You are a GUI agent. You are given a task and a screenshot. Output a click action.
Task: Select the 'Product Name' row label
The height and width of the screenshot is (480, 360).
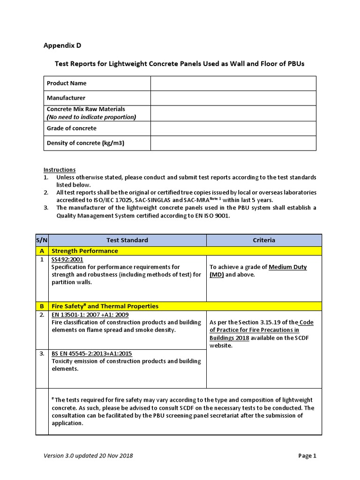(67, 83)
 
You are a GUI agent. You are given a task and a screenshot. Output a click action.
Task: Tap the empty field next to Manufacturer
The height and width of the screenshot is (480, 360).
(233, 98)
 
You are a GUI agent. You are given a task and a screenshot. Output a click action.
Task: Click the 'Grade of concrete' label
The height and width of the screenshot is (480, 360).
(72, 128)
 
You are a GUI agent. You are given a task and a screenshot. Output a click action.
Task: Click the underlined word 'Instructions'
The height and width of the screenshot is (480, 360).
(60, 170)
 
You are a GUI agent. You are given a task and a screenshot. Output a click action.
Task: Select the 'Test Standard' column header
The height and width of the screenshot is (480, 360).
(127, 240)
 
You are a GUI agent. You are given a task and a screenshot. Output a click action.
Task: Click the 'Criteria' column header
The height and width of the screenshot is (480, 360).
(264, 240)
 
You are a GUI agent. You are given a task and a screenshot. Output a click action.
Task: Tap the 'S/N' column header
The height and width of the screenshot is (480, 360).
(42, 240)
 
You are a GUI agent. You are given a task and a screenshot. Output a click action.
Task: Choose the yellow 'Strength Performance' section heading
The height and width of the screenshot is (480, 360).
(84, 251)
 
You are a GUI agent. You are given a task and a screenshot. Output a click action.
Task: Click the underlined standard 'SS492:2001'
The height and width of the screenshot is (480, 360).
(67, 259)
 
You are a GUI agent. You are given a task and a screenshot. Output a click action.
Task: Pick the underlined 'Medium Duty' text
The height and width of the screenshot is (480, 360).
(288, 267)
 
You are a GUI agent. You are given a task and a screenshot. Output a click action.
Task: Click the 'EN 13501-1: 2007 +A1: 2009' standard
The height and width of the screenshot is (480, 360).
(90, 315)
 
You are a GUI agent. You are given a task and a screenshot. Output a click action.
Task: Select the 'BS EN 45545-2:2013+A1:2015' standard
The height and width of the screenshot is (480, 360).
(92, 353)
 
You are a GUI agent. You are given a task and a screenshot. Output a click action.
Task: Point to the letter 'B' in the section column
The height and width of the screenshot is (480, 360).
(42, 306)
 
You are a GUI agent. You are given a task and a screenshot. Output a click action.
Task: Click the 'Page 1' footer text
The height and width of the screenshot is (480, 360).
(307, 455)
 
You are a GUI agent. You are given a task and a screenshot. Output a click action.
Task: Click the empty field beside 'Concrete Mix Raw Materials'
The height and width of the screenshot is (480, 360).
(233, 113)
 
